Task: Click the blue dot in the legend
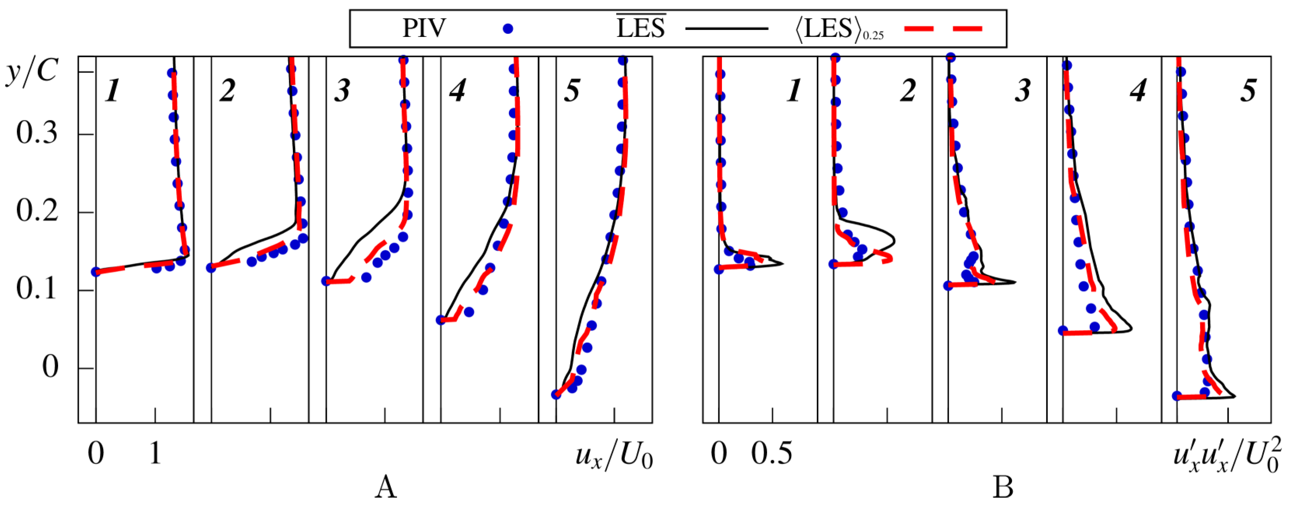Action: pyautogui.click(x=508, y=29)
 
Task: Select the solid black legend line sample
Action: pyautogui.click(x=727, y=29)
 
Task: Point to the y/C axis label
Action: pyautogui.click(x=32, y=72)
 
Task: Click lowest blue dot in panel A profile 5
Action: pyautogui.click(x=556, y=395)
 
